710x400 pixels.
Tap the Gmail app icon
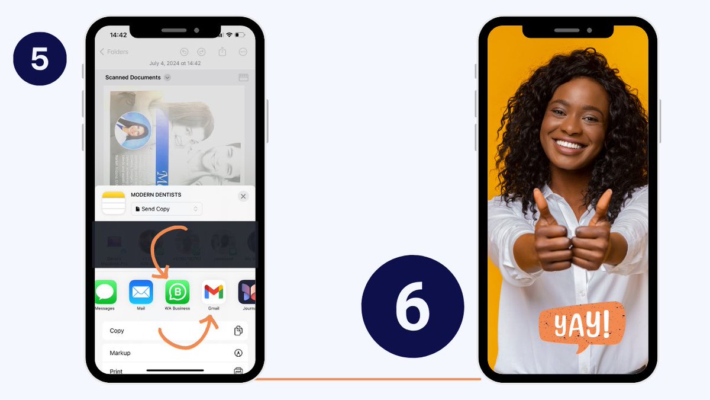pos(214,292)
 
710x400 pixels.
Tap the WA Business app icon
pos(177,292)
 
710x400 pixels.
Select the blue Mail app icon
pos(141,292)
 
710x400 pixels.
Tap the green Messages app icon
pos(105,292)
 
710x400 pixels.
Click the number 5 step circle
pos(40,59)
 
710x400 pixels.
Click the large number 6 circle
pos(412,306)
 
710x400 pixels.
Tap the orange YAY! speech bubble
pos(582,325)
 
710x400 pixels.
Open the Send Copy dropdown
pos(167,209)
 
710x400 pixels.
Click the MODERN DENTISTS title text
pos(156,194)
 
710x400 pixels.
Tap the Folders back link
pos(114,52)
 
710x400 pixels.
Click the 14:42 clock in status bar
pos(118,35)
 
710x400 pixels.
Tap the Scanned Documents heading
pos(133,78)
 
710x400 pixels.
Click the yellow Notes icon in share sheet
pos(114,203)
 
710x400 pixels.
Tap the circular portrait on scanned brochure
pos(133,130)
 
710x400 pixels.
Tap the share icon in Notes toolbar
pos(222,52)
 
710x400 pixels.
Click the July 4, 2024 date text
pos(175,63)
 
